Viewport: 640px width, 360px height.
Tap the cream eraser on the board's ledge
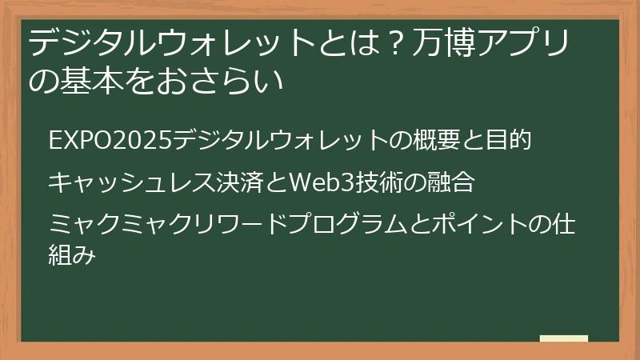click(x=563, y=338)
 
